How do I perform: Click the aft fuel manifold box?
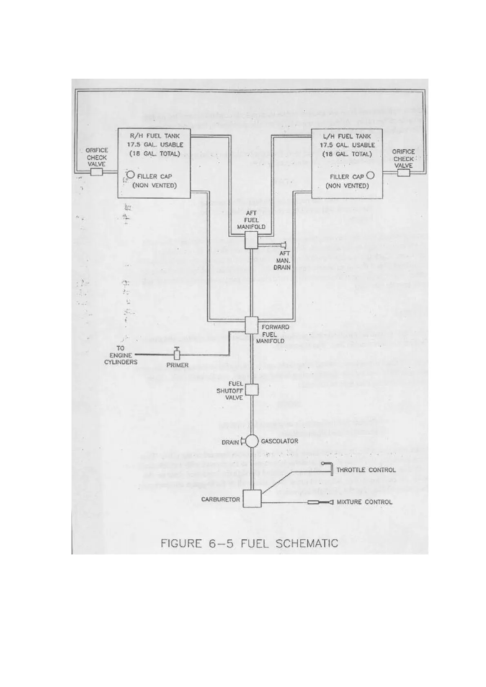pos(252,240)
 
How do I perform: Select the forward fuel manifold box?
pos(252,325)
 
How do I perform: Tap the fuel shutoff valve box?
pos(252,390)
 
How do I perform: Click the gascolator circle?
pos(252,441)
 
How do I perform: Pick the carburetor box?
pos(252,498)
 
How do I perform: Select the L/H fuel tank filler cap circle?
pos(370,176)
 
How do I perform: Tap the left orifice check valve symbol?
pos(96,172)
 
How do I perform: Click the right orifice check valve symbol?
pos(403,173)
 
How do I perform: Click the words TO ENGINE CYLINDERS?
pos(120,355)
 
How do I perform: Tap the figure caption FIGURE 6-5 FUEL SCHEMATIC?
pos(250,543)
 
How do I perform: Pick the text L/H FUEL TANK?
pos(348,136)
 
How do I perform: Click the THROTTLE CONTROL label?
pos(366,470)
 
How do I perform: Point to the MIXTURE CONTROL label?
pos(364,502)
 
